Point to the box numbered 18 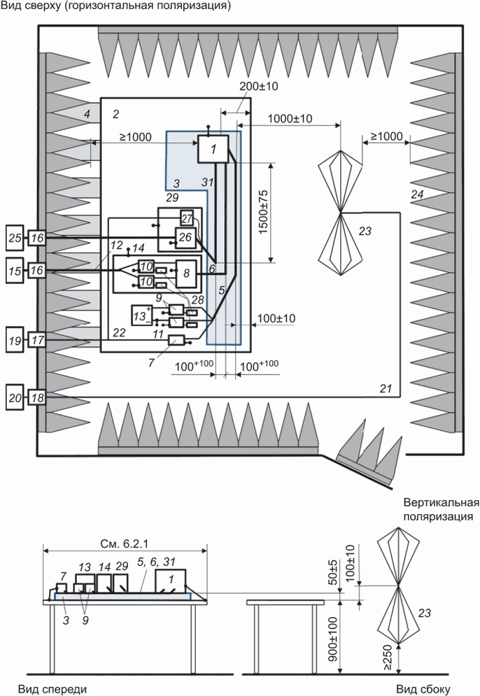pyautogui.click(x=38, y=397)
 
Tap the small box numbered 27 pyautogui.click(x=187, y=217)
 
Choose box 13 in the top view pyautogui.click(x=142, y=316)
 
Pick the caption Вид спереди pyautogui.click(x=52, y=688)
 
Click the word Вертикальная pyautogui.click(x=440, y=503)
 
